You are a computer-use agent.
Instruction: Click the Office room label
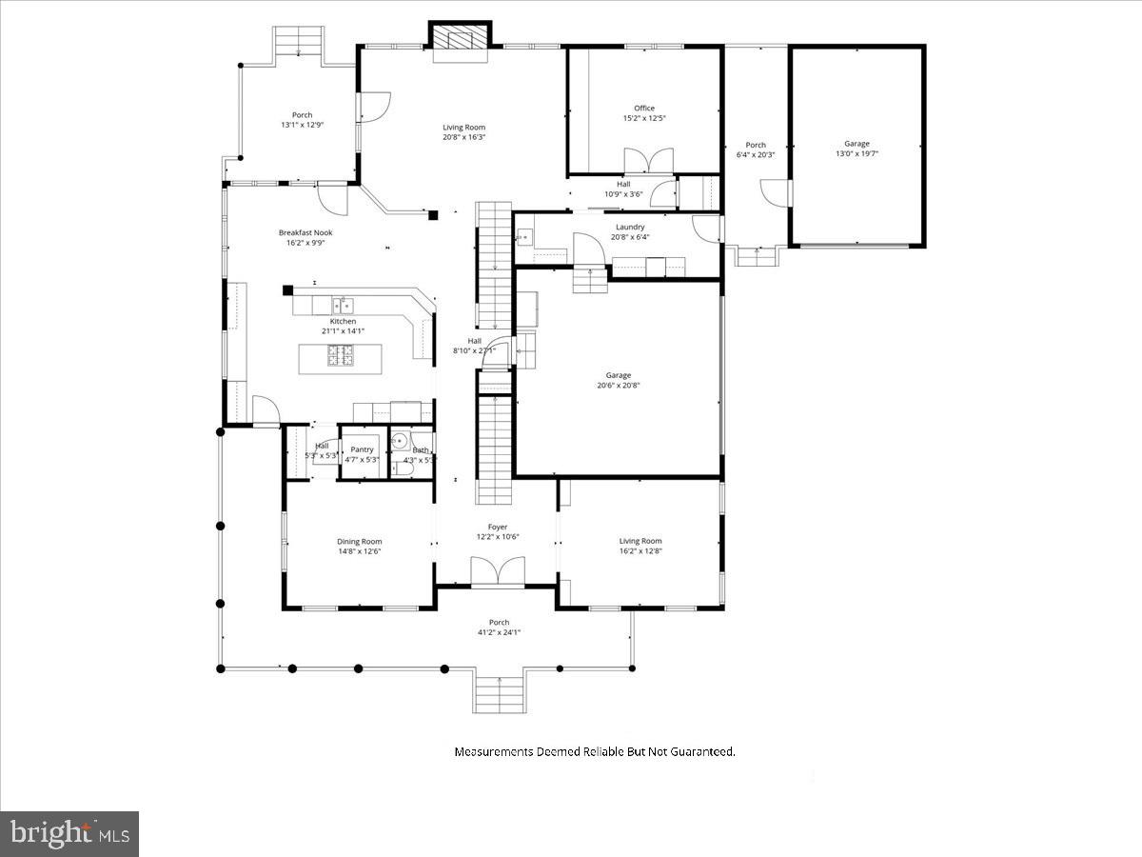click(x=644, y=109)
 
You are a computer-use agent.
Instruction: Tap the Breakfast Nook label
click(x=305, y=232)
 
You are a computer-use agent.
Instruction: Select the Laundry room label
click(x=630, y=227)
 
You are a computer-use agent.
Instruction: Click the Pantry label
click(x=362, y=448)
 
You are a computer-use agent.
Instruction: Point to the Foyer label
click(x=498, y=527)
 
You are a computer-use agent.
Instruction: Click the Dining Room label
click(x=359, y=541)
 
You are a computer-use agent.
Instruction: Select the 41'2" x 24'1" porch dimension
click(x=499, y=632)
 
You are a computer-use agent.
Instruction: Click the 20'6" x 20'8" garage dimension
click(x=618, y=386)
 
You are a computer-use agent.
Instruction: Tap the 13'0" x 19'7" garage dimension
click(x=856, y=153)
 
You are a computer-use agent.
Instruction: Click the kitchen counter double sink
click(x=344, y=306)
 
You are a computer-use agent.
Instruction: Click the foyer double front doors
click(x=497, y=571)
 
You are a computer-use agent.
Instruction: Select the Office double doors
click(x=648, y=161)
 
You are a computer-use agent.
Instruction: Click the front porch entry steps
click(x=498, y=693)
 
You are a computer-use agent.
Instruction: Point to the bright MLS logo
click(x=69, y=834)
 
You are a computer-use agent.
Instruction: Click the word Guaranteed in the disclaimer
click(x=699, y=751)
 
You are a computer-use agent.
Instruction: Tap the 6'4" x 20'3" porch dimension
click(x=756, y=154)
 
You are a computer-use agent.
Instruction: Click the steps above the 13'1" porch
click(x=300, y=42)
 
